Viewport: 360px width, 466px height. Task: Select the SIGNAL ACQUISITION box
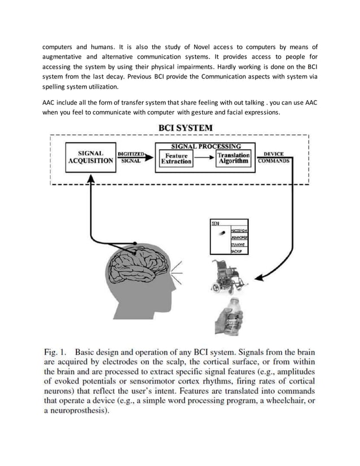90,157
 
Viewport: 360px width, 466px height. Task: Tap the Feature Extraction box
177,157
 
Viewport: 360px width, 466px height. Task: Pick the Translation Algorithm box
234,157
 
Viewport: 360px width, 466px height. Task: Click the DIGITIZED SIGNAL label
131,157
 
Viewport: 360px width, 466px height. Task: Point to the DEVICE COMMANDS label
274,157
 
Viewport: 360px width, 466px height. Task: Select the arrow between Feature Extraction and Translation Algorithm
204,158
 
